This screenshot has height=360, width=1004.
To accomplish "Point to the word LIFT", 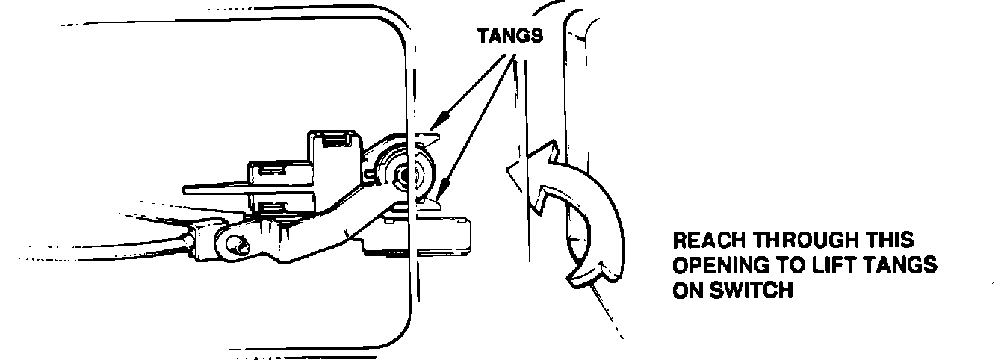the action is pyautogui.click(x=850, y=266).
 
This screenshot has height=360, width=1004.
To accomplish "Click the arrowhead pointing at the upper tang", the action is pyautogui.click(x=440, y=120).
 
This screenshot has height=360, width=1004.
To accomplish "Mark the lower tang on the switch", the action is pyautogui.click(x=431, y=198).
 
